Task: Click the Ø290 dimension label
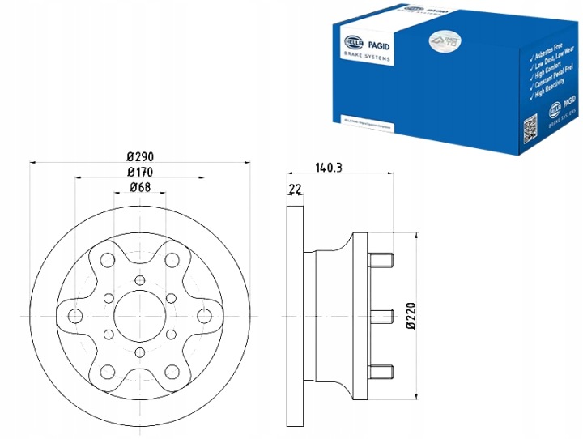[140, 156]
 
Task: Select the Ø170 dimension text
[140, 173]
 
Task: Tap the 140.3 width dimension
[328, 168]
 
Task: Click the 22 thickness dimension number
[294, 190]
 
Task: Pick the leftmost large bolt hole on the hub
[74, 315]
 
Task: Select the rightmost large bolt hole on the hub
[206, 315]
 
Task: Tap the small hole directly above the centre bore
[140, 280]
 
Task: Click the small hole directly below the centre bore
[140, 350]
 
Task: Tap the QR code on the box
[530, 126]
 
